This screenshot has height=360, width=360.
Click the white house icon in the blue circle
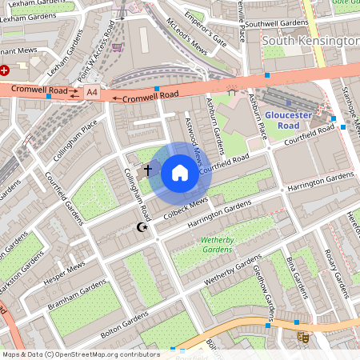coord(180,173)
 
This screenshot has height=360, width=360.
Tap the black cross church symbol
coord(147,170)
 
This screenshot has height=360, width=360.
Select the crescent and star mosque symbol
coord(143,229)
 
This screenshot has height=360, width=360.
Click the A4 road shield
coord(91,92)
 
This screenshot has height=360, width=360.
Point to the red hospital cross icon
coord(5,70)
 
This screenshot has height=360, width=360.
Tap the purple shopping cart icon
coord(118,46)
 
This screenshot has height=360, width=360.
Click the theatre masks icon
coord(303,337)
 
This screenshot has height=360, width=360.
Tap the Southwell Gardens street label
coord(277,24)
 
